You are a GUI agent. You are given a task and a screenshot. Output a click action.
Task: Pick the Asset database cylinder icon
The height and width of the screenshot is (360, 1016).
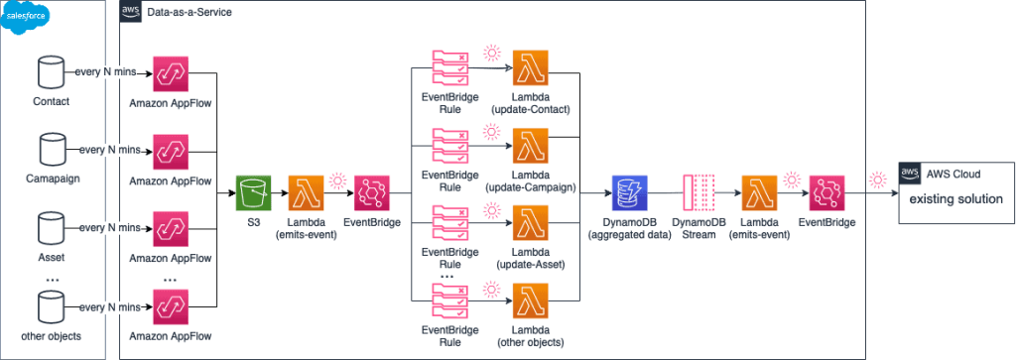[49, 229]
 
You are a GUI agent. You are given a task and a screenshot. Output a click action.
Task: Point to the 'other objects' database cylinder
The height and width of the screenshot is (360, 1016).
[49, 306]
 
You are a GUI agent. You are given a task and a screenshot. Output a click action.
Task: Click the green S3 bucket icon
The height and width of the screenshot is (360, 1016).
[254, 194]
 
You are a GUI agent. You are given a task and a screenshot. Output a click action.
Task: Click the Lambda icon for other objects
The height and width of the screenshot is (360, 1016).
[531, 303]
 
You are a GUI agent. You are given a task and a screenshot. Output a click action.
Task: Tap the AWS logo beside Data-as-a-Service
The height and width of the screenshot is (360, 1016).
[129, 11]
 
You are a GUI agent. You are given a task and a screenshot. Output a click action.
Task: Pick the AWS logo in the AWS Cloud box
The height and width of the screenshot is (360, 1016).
[907, 172]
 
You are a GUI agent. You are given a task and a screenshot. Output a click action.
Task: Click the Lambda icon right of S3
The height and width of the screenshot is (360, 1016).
[307, 194]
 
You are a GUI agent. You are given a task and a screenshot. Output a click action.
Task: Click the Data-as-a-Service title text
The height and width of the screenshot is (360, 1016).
[188, 11]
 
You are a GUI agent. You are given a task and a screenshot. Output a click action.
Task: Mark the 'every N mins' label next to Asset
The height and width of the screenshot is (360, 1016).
[109, 228]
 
